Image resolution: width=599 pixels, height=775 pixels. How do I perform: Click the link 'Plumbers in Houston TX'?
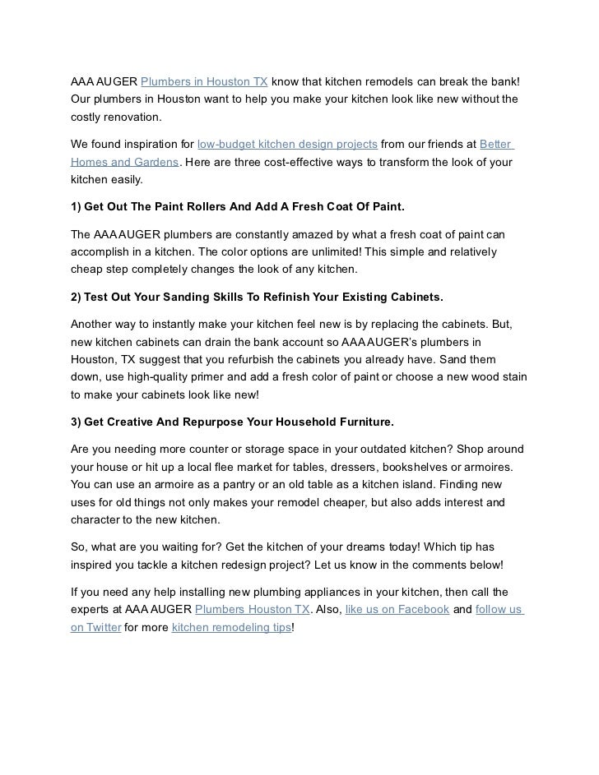tap(204, 82)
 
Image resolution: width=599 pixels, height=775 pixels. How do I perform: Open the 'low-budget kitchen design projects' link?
tap(287, 144)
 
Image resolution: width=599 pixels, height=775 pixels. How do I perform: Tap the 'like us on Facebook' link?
tap(397, 610)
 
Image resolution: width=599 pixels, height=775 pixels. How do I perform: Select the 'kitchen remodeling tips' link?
tap(231, 628)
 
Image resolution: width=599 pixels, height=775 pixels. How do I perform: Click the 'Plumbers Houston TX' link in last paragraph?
tap(253, 610)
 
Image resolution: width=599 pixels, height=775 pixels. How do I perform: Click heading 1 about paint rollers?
tap(237, 205)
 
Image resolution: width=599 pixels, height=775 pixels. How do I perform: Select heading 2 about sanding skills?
tap(257, 296)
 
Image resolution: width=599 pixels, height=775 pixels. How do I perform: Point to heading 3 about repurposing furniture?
tap(232, 422)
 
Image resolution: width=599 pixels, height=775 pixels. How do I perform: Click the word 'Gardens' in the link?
tap(156, 162)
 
